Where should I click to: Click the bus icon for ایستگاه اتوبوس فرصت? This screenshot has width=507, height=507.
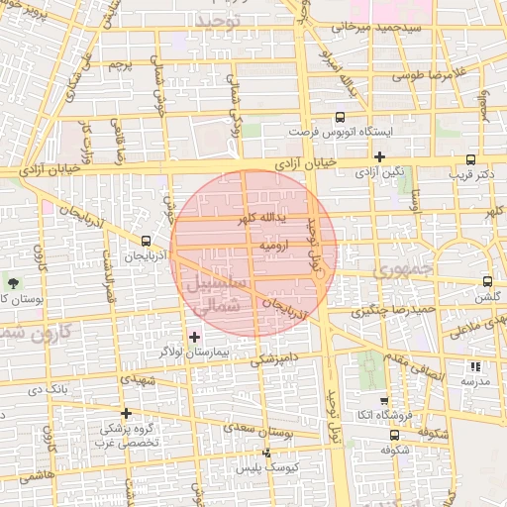point(341,116)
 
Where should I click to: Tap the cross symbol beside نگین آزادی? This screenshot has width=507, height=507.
point(379,156)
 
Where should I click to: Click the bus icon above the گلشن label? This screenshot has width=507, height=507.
point(485,281)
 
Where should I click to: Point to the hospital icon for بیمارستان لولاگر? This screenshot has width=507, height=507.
point(194,338)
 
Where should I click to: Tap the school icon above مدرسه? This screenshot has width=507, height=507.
point(474,366)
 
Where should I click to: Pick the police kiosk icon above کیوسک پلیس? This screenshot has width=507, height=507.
point(265,453)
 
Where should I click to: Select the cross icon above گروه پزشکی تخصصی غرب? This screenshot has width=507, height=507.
point(126,413)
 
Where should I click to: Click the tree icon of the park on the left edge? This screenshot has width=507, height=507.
point(12,284)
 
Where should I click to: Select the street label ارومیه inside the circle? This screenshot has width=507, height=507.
point(273,243)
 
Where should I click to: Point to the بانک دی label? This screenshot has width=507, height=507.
point(49,389)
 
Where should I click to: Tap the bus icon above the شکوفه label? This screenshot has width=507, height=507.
point(395,434)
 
